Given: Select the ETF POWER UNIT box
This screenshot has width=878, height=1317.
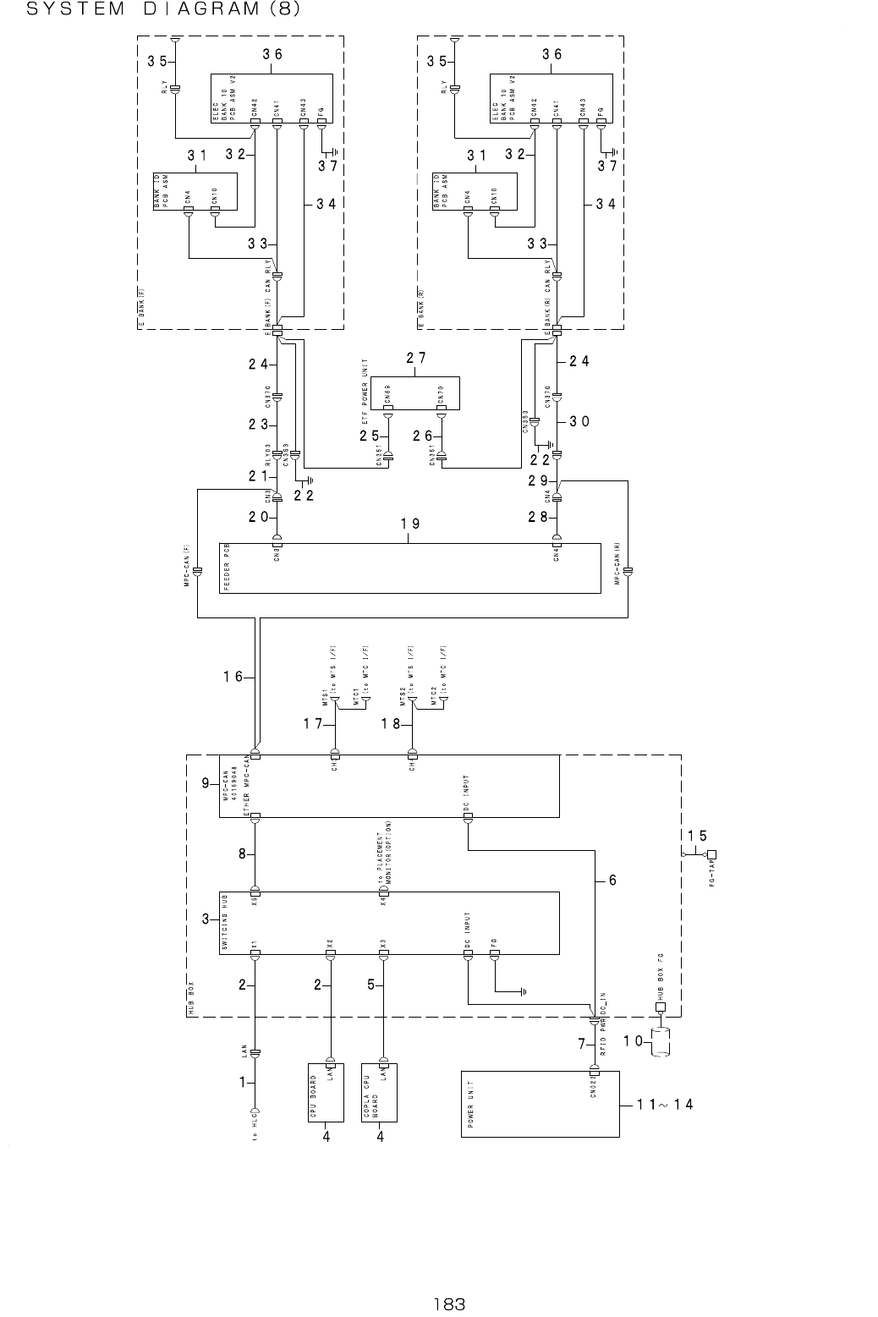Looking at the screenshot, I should [414, 393].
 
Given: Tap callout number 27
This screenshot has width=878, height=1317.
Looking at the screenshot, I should [415, 358].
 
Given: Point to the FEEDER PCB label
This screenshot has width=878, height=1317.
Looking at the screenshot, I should [226, 568].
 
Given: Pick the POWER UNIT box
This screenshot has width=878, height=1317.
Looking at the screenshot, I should [540, 1104].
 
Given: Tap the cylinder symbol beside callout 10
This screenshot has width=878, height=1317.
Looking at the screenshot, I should [661, 1042].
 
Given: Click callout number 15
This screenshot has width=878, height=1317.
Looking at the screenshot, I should [697, 835].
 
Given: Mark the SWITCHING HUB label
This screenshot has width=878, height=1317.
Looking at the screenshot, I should [225, 923].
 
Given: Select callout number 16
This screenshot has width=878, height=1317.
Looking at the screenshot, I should [233, 676].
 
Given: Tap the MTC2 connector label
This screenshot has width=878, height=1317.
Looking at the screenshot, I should [433, 699].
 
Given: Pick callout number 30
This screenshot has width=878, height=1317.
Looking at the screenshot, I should [579, 420].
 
